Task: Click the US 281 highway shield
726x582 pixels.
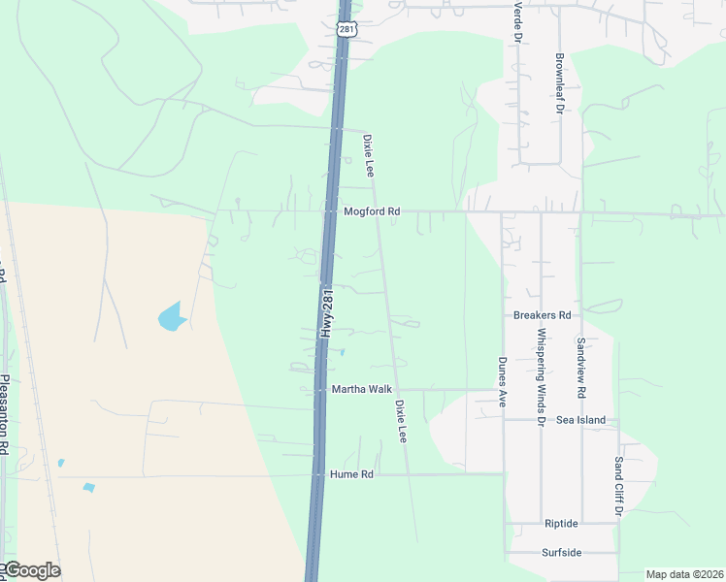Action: (x=347, y=29)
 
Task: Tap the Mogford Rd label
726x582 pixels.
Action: (x=372, y=211)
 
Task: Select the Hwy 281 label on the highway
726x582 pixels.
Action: (x=327, y=313)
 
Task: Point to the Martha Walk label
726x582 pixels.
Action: (x=362, y=389)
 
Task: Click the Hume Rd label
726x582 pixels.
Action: (x=351, y=474)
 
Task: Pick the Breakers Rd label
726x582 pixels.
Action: (x=543, y=315)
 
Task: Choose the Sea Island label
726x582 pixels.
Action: (x=581, y=420)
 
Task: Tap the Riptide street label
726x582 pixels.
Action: (x=561, y=523)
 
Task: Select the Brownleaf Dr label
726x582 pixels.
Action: (x=560, y=84)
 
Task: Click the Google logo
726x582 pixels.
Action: (x=31, y=570)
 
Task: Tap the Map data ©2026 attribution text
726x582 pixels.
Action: (x=683, y=574)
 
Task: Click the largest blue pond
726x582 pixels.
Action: (x=170, y=315)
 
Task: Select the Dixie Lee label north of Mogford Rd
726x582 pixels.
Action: (x=369, y=154)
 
